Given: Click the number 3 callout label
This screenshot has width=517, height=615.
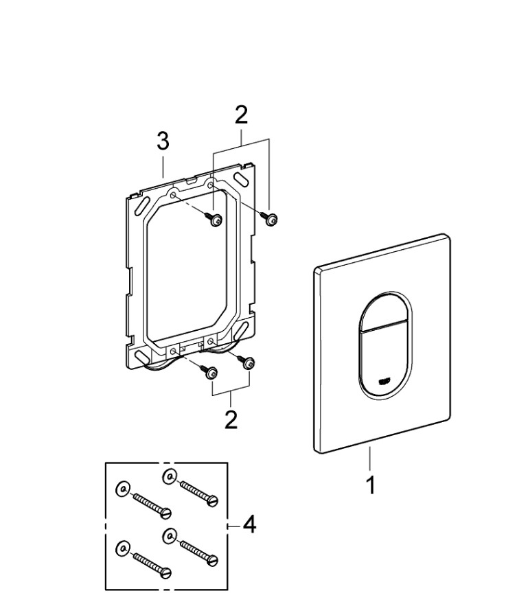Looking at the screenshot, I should coord(163,143).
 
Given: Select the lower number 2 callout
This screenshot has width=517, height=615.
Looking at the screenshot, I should coord(231,419).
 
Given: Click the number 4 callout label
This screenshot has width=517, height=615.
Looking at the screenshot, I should coord(249,525).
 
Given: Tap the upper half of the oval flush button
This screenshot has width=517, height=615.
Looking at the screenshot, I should coord(382,310).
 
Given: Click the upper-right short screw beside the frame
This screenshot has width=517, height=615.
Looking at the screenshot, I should coord(269,219).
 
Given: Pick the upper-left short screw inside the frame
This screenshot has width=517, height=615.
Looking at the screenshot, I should coord(214,220).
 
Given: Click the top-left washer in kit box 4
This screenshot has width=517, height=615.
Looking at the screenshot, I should coord(121,487).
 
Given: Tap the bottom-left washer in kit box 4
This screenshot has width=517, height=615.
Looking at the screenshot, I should coord(122,547).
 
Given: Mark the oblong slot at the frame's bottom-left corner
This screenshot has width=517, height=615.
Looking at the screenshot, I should coord(141,358).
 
